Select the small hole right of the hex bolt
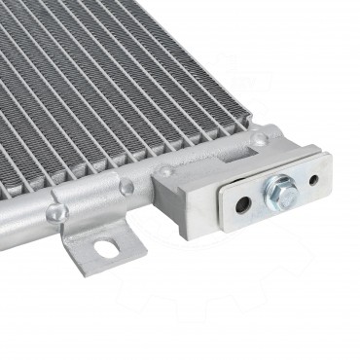[313, 179]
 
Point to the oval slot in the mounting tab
[103, 248]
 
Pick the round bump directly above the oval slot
[126, 185]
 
